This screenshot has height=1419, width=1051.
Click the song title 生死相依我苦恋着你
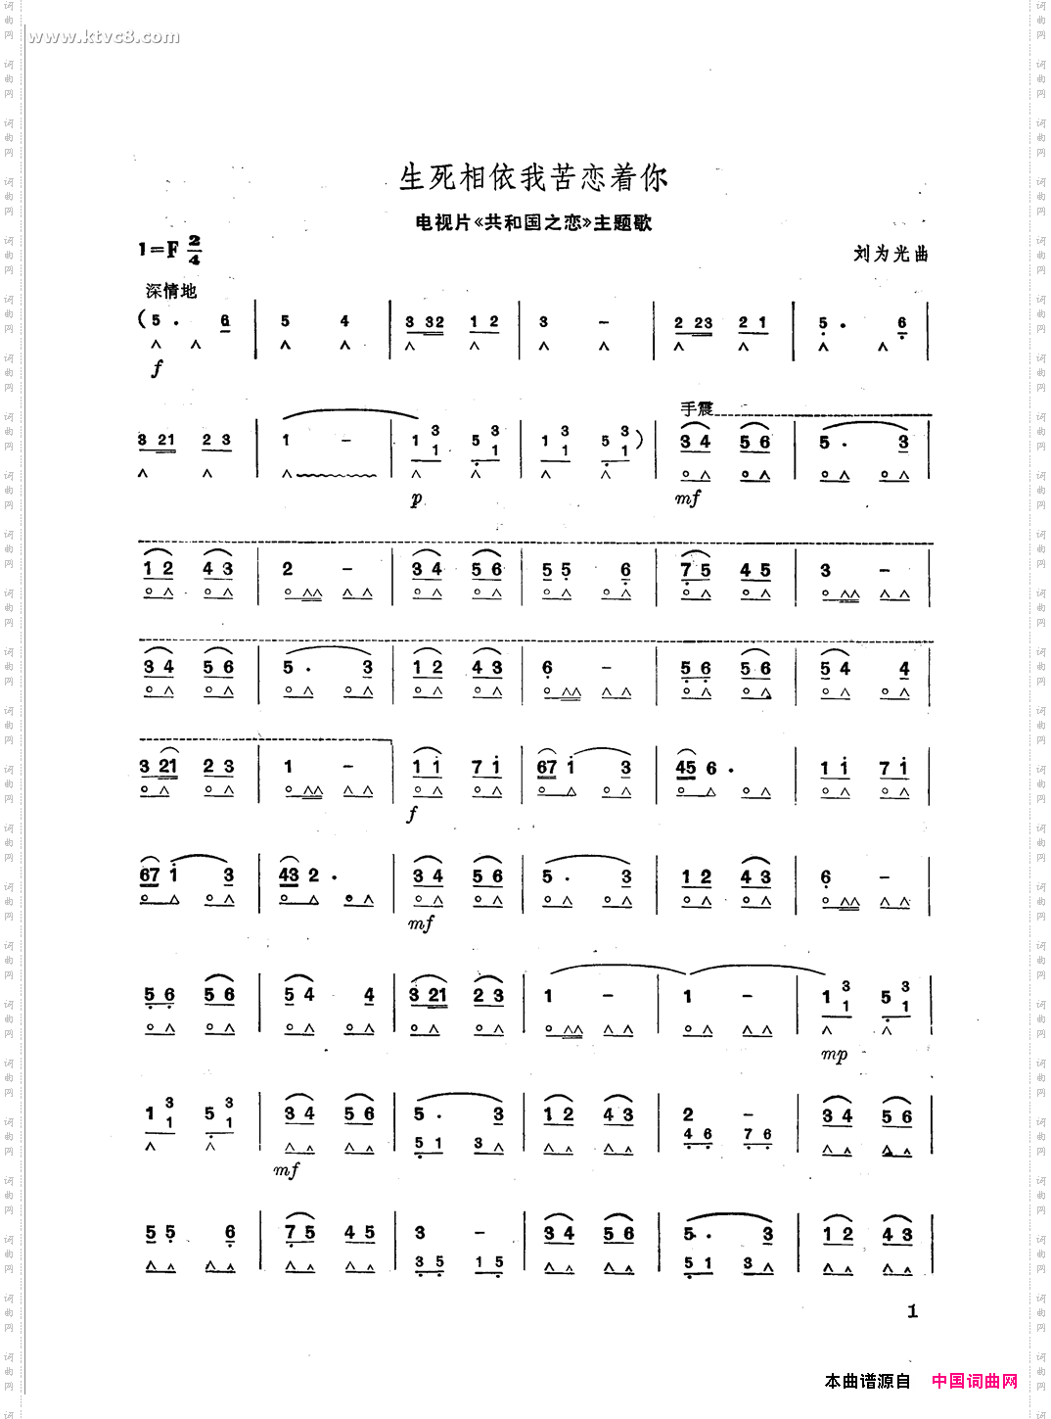pyautogui.click(x=533, y=177)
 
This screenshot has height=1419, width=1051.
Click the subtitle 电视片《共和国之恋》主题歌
pyautogui.click(x=533, y=223)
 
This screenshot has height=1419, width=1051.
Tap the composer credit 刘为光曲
pyautogui.click(x=891, y=254)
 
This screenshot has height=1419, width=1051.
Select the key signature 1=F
pyautogui.click(x=158, y=250)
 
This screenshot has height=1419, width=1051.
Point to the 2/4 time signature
pyautogui.click(x=194, y=250)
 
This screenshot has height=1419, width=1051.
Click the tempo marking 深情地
pyautogui.click(x=171, y=291)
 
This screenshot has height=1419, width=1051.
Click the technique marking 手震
pyautogui.click(x=697, y=408)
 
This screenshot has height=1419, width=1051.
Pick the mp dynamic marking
pyautogui.click(x=834, y=1055)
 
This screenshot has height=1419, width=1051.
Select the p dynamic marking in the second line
pyautogui.click(x=417, y=499)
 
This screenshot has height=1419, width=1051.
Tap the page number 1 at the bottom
pyautogui.click(x=912, y=1311)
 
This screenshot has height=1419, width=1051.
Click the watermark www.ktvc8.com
pyautogui.click(x=104, y=37)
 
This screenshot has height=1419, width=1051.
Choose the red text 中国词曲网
pyautogui.click(x=974, y=1381)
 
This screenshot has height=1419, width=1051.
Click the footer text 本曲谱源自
pyautogui.click(x=867, y=1381)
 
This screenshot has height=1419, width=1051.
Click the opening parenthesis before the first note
pyautogui.click(x=143, y=319)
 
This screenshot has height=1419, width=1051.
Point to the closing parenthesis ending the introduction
pyautogui.click(x=639, y=440)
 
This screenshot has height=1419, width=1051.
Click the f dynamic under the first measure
pyautogui.click(x=157, y=368)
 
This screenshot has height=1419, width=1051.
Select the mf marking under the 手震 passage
pyautogui.click(x=687, y=498)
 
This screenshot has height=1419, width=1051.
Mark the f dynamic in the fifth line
pyautogui.click(x=413, y=813)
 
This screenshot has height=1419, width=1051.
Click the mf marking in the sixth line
pyautogui.click(x=421, y=923)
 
